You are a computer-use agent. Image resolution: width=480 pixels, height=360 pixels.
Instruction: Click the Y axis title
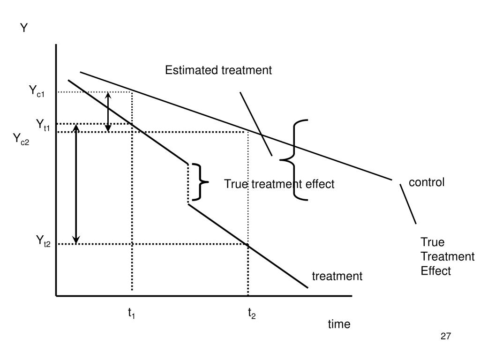pos(24,29)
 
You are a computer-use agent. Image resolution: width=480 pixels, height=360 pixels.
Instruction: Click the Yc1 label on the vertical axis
pos(37,91)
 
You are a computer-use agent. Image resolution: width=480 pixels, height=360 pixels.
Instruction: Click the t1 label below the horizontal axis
pos(132,314)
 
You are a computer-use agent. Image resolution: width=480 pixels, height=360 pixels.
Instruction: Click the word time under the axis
pos(339,324)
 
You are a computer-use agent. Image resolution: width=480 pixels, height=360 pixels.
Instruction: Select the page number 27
pos(445,336)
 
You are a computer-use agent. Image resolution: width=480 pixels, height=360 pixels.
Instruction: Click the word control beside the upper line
pos(427,182)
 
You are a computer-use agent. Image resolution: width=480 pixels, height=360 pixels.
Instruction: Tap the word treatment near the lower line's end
pos(337,276)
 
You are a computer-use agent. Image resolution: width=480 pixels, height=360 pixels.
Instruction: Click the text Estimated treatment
pos(218,70)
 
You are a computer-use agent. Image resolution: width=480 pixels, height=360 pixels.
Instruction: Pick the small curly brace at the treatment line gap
pos(200,182)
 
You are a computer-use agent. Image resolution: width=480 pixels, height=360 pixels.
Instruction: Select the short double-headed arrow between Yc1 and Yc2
pos(108,112)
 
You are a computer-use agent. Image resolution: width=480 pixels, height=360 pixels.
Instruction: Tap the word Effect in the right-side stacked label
pos(435,270)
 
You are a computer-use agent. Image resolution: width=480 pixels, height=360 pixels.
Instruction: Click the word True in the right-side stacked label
pos(432,242)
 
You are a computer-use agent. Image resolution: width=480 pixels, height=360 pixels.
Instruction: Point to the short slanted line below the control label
pos(408,204)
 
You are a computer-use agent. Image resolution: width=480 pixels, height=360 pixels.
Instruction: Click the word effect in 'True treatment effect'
pos(320,184)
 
